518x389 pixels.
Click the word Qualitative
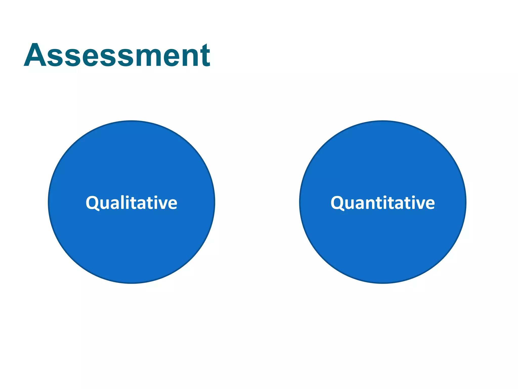pyautogui.click(x=132, y=203)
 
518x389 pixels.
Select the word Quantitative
pyautogui.click(x=383, y=203)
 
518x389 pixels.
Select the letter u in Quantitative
pyautogui.click(x=350, y=204)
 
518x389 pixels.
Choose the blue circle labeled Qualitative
pyautogui.click(x=132, y=241)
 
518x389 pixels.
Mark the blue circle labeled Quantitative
pyautogui.click(x=383, y=241)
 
